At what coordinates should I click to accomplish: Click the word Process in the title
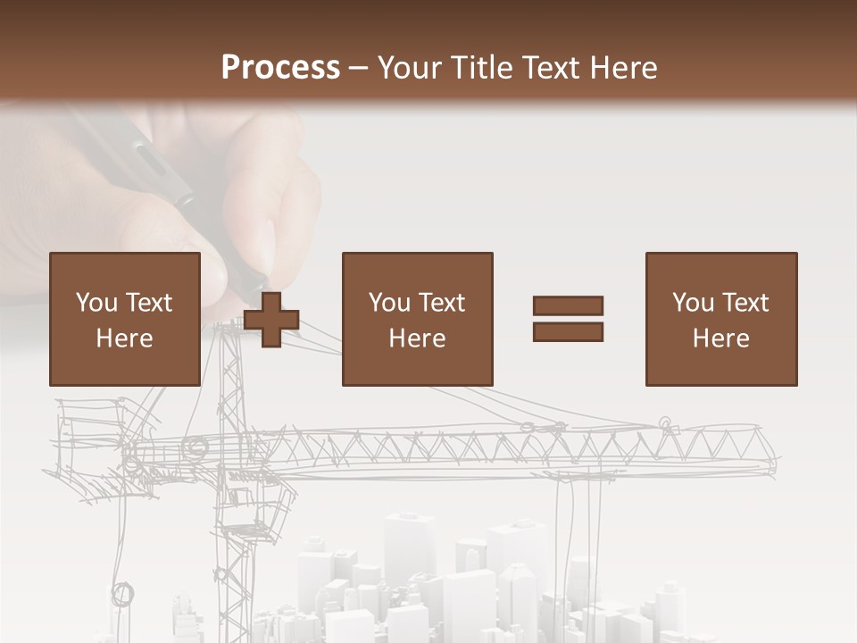(280, 67)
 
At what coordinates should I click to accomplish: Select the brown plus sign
(271, 319)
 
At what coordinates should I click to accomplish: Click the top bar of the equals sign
(568, 305)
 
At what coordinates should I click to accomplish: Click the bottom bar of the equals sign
(568, 332)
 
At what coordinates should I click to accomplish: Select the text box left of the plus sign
(124, 319)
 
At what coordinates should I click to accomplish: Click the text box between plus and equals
(417, 319)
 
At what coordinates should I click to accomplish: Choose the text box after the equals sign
(720, 319)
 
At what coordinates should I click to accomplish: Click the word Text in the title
(546, 67)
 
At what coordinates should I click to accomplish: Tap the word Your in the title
(411, 67)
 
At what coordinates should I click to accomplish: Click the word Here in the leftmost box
(124, 338)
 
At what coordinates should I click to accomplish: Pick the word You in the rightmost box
(693, 303)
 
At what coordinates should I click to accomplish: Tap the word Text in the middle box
(443, 303)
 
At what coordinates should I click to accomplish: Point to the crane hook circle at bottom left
(122, 593)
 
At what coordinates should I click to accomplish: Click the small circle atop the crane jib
(664, 422)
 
